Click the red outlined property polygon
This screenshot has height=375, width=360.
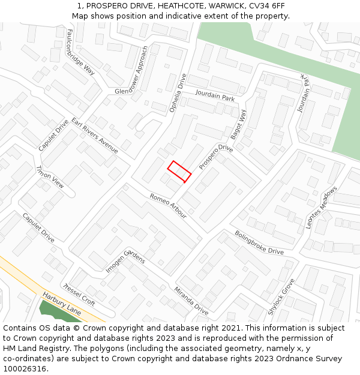point(179,172)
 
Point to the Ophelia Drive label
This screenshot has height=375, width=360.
point(178,93)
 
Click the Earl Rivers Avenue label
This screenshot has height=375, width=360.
point(95,136)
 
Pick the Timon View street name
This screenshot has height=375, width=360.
point(50,176)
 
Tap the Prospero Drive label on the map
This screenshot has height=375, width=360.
point(215,156)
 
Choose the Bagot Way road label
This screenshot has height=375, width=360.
point(239,124)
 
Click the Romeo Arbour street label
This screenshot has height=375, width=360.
point(168,206)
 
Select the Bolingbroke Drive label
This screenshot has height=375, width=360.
point(259,242)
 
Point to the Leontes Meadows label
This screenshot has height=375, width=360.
point(322,207)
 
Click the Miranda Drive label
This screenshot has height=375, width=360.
point(191,301)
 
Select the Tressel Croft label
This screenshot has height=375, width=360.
point(79,294)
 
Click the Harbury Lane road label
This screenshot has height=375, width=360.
point(62,304)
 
